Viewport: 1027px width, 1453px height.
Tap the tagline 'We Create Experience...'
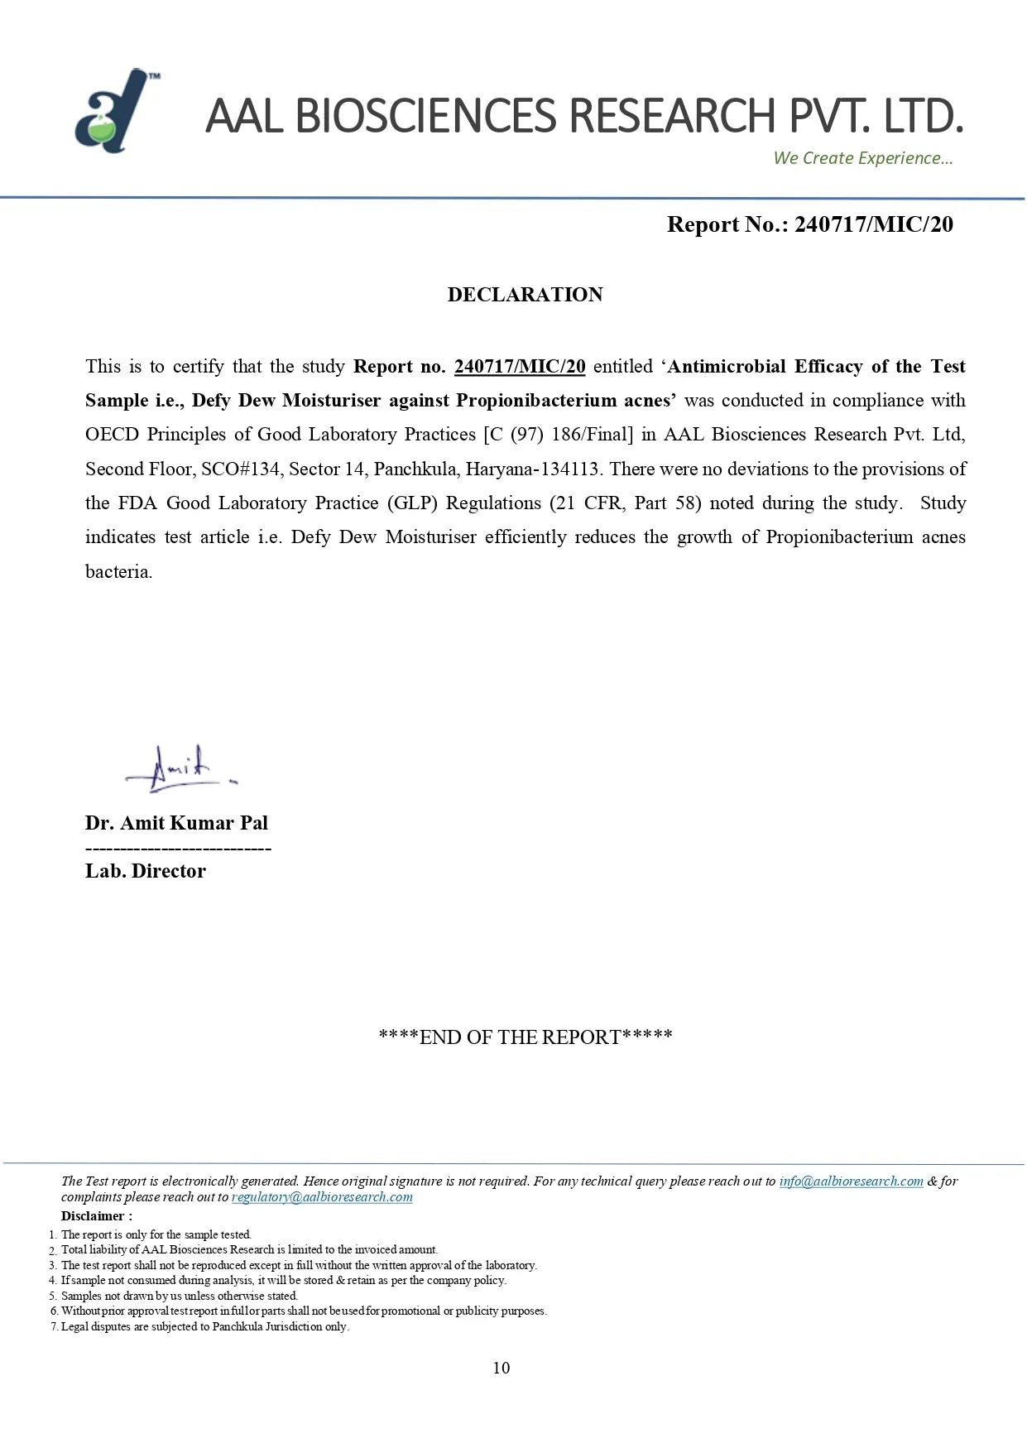coord(862,158)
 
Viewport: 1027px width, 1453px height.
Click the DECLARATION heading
coord(525,295)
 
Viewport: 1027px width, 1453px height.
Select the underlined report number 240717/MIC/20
coord(520,367)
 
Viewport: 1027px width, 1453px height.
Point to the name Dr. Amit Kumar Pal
coord(176,823)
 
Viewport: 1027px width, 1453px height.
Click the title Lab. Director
coord(146,871)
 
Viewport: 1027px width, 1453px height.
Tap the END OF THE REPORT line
coord(525,1037)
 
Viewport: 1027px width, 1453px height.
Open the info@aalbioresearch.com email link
coord(851,1181)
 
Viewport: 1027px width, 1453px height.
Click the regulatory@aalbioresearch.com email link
coord(322,1197)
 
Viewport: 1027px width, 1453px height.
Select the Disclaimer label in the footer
coord(96,1216)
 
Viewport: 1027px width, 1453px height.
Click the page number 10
coord(502,1368)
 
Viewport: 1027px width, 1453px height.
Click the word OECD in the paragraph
coord(112,435)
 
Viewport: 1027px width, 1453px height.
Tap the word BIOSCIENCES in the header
coord(425,116)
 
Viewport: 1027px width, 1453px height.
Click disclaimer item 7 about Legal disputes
coord(204,1327)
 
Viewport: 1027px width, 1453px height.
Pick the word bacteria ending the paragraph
coord(118,572)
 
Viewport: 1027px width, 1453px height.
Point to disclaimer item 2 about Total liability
coord(249,1250)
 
